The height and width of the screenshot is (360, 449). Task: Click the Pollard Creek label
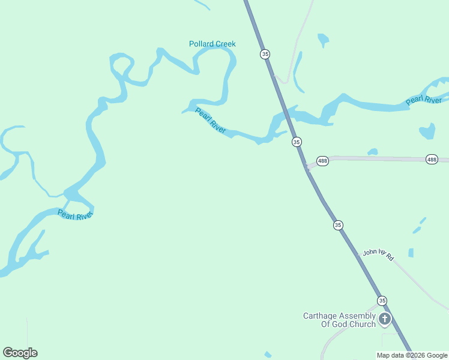pyautogui.click(x=212, y=44)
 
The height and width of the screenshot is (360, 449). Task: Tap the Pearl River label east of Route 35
pyautogui.click(x=424, y=100)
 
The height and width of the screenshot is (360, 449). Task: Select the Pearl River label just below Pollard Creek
pyautogui.click(x=211, y=121)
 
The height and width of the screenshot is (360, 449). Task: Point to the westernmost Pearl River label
pyautogui.click(x=76, y=214)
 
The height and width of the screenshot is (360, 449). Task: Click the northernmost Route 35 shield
pyautogui.click(x=265, y=54)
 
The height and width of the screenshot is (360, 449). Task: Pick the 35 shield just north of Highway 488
pyautogui.click(x=297, y=142)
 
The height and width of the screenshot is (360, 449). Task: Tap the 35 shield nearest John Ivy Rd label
pyautogui.click(x=338, y=225)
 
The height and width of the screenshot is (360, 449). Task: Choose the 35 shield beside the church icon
pyautogui.click(x=382, y=301)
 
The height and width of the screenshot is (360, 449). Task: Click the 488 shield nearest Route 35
pyautogui.click(x=322, y=161)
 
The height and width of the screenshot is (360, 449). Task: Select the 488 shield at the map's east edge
pyautogui.click(x=432, y=159)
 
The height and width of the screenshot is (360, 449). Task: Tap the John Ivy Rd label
pyautogui.click(x=378, y=255)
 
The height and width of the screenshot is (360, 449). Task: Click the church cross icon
pyautogui.click(x=385, y=319)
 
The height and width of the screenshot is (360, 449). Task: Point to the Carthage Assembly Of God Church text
pyautogui.click(x=339, y=320)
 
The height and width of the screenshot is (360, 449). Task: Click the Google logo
pyautogui.click(x=20, y=353)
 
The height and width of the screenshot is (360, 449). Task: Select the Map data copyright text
pyautogui.click(x=412, y=355)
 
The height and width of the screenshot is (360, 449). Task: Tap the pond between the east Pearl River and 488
pyautogui.click(x=427, y=131)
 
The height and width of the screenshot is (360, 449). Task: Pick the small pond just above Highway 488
pyautogui.click(x=373, y=152)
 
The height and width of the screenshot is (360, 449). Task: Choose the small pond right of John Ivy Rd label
pyautogui.click(x=411, y=253)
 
